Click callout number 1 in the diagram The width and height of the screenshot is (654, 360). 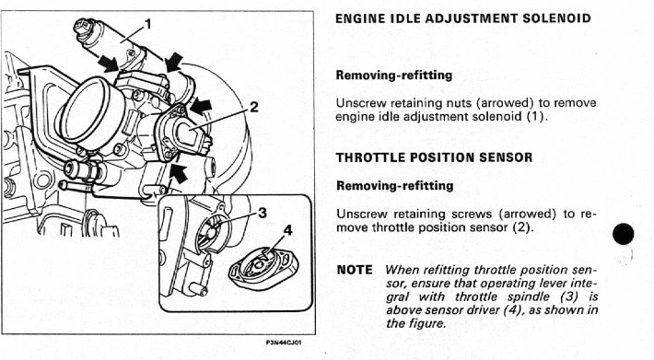[147, 25]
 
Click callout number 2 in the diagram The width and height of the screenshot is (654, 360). [254, 108]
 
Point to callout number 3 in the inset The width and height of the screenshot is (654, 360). [263, 213]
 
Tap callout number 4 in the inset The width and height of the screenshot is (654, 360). [288, 230]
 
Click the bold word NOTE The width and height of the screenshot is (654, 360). [355, 270]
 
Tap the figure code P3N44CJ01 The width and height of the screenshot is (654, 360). [284, 343]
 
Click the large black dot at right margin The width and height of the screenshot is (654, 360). [623, 234]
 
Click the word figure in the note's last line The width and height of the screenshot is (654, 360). [426, 323]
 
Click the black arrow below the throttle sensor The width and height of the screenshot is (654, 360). [178, 173]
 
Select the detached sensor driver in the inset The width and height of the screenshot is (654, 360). [262, 269]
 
